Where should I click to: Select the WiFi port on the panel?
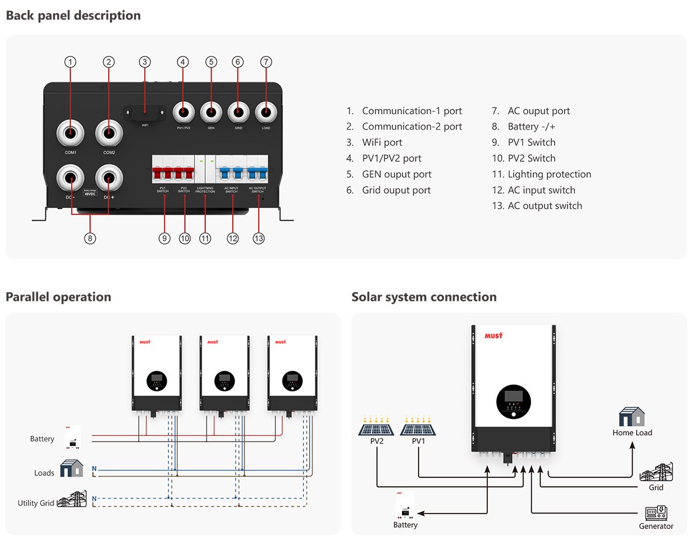click(x=145, y=112)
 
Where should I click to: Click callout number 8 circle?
click(x=89, y=238)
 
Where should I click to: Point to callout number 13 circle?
click(x=259, y=238)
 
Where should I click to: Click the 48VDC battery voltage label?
click(x=89, y=194)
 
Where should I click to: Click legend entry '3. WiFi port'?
click(x=374, y=142)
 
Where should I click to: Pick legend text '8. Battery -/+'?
click(x=524, y=126)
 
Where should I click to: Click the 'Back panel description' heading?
click(x=73, y=16)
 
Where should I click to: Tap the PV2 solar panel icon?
click(x=377, y=427)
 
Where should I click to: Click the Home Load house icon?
click(x=632, y=417)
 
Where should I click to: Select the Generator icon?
click(x=656, y=512)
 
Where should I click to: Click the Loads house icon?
click(x=72, y=469)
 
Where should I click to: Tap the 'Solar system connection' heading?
click(x=424, y=297)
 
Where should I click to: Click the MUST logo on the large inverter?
click(x=494, y=335)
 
